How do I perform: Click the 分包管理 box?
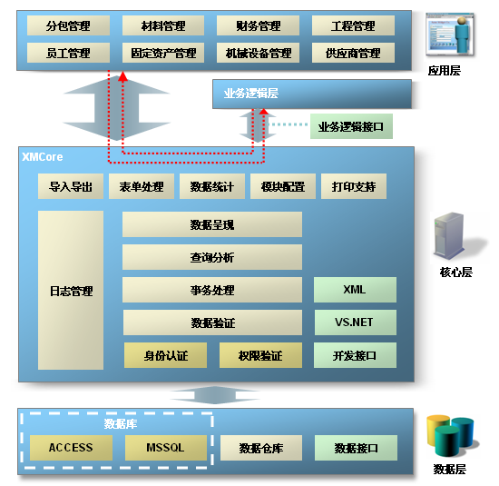pyautogui.click(x=68, y=25)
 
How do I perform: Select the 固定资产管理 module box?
pyautogui.click(x=163, y=53)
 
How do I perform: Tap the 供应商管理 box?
pyautogui.click(x=353, y=53)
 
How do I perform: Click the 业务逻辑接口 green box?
pyautogui.click(x=351, y=126)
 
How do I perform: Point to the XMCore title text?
pyautogui.click(x=43, y=157)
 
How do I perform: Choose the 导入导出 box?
pyautogui.click(x=71, y=186)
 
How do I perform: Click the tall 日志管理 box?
pyautogui.click(x=71, y=291)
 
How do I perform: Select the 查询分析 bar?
pyautogui.click(x=212, y=257)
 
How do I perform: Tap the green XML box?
pyautogui.click(x=355, y=290)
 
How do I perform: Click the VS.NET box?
pyautogui.click(x=356, y=322)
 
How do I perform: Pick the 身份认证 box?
pyautogui.click(x=165, y=355)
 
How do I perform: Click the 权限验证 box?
pyautogui.click(x=260, y=355)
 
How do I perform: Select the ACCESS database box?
pyautogui.click(x=71, y=448)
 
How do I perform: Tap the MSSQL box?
pyautogui.click(x=166, y=448)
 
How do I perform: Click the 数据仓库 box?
pyautogui.click(x=261, y=448)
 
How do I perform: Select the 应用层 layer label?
pyautogui.click(x=445, y=71)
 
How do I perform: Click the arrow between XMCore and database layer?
pyautogui.click(x=215, y=395)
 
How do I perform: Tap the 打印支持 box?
pyautogui.click(x=354, y=186)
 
